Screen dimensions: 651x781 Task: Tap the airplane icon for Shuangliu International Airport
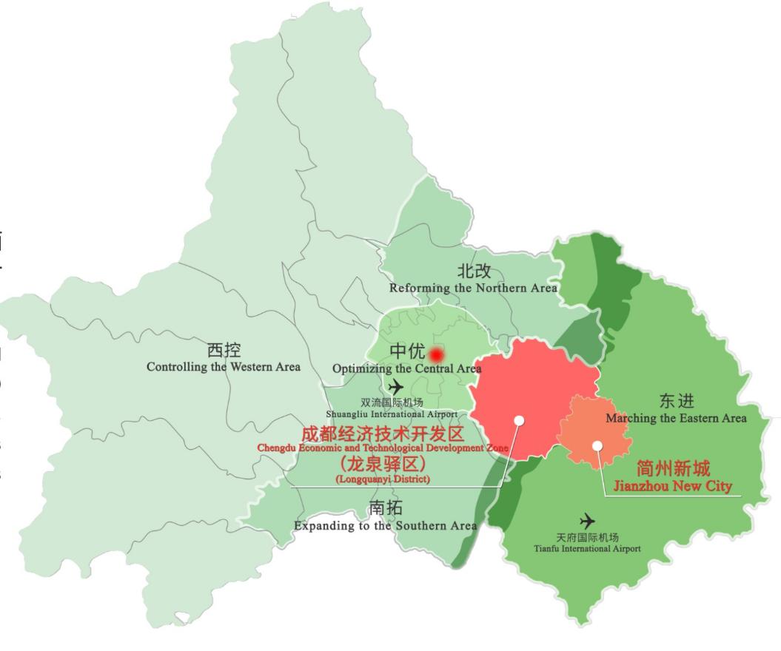396,386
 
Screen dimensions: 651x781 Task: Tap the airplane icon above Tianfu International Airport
587,520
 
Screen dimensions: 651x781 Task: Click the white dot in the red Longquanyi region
519,420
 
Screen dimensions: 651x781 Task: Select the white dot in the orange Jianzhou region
597,445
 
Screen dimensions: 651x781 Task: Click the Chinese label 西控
224,351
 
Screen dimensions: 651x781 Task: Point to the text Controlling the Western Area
224,367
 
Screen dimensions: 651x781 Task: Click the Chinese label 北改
474,271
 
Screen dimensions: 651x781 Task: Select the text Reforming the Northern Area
474,287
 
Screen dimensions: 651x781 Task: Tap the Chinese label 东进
677,402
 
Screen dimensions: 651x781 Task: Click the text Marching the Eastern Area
676,418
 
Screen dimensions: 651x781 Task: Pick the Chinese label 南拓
386,508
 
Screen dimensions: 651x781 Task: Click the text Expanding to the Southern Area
386,525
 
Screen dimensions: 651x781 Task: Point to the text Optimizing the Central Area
406,368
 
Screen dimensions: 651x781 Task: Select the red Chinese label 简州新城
673,468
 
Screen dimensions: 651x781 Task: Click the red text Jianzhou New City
673,486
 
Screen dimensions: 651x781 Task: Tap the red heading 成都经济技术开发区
382,434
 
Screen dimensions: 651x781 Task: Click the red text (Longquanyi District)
382,479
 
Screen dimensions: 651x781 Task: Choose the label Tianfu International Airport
587,548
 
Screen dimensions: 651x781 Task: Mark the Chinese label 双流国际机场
392,402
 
